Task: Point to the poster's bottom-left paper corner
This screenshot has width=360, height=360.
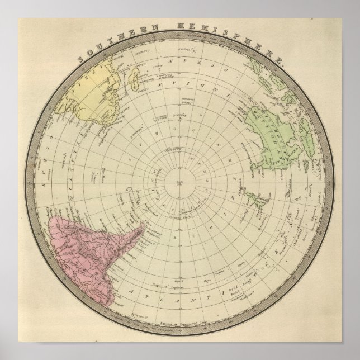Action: (3, 357)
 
